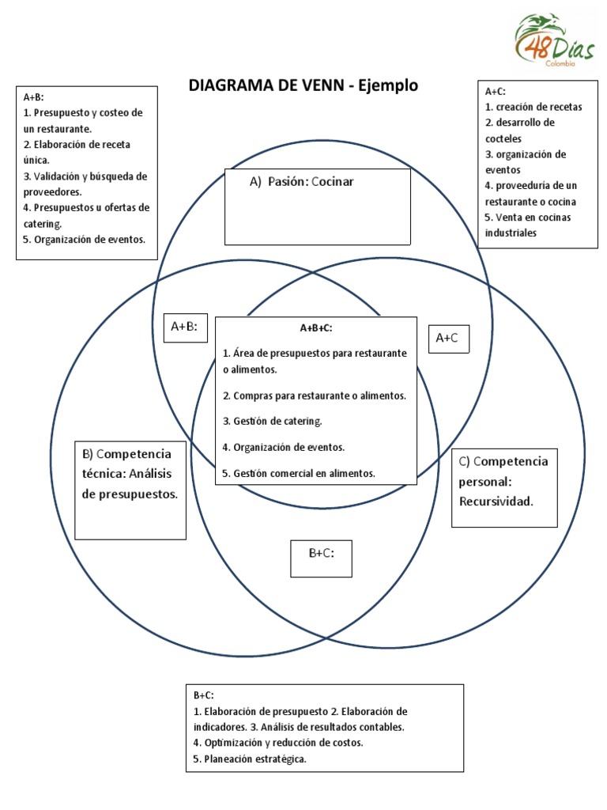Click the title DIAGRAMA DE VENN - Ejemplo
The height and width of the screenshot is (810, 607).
point(303,85)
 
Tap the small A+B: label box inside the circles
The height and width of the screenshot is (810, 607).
point(185,326)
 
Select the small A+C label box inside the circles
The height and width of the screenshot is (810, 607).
point(448,338)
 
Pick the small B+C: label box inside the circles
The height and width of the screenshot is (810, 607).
point(321,554)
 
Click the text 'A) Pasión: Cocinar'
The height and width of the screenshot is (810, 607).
point(302,182)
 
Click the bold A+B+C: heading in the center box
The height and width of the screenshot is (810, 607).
point(315,327)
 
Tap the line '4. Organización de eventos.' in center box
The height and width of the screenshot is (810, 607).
point(284,447)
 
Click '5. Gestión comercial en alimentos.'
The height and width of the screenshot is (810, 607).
point(299,473)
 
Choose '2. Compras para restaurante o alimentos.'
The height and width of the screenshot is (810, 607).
point(315,395)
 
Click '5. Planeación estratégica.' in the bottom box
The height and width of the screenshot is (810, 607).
point(250,759)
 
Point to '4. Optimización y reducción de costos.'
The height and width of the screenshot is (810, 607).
point(278,743)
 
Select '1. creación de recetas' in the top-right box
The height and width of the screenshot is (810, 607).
point(533,107)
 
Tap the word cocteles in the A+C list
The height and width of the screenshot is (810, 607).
point(503,138)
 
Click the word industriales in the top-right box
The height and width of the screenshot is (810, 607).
point(511,233)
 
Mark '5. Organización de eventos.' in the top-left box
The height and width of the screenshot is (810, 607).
point(85,240)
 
